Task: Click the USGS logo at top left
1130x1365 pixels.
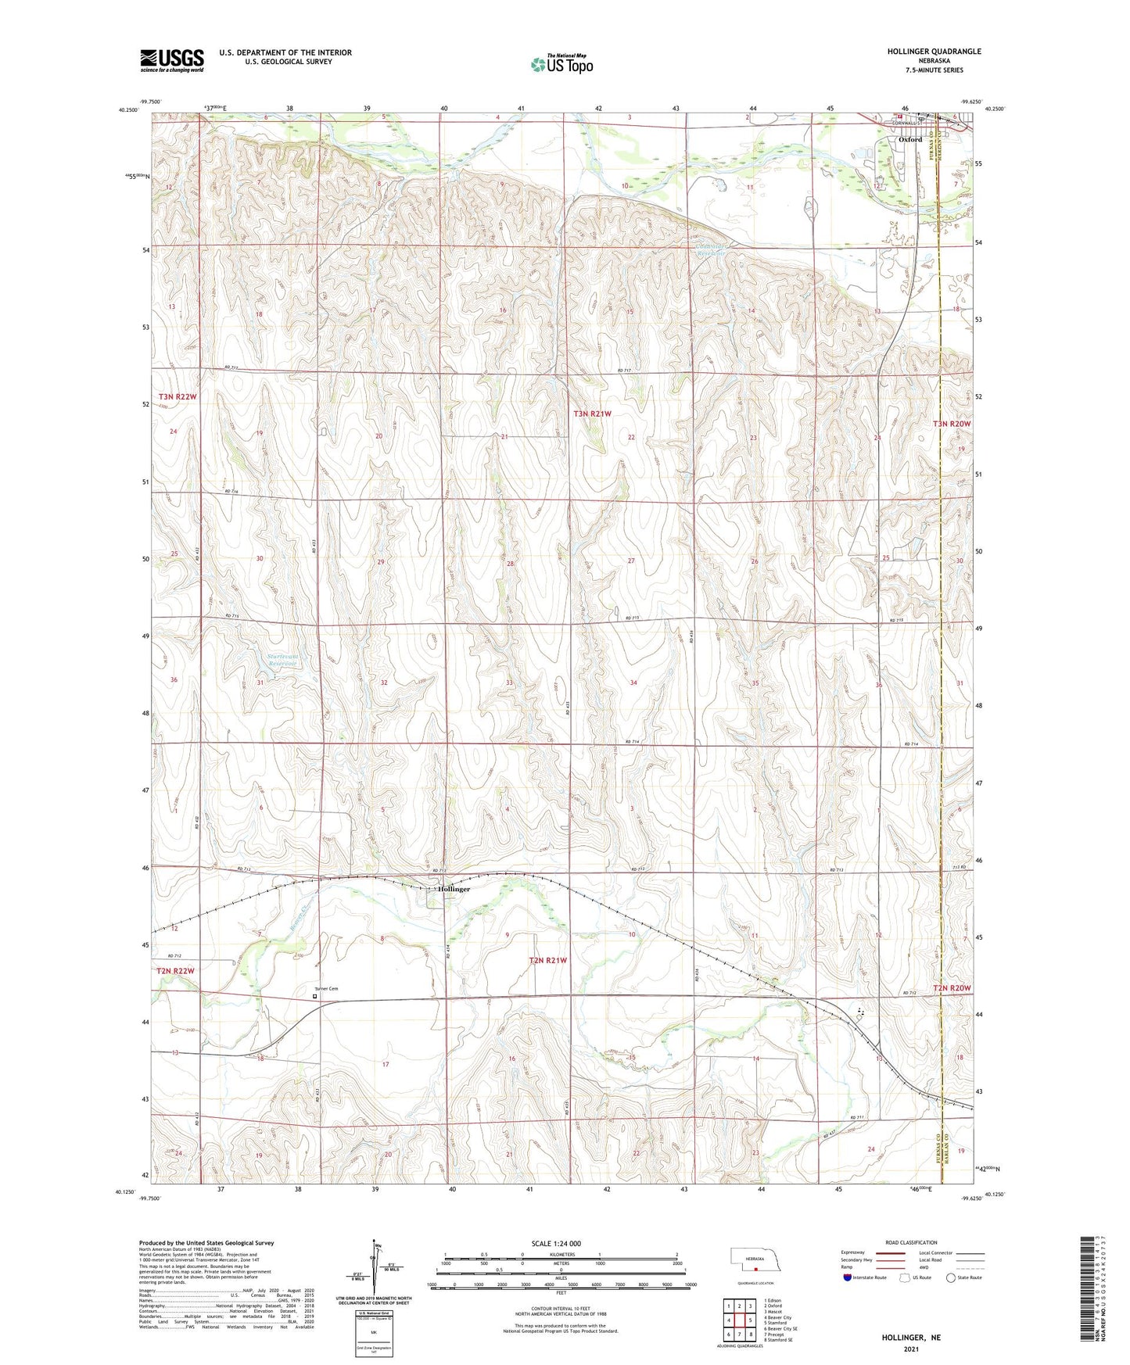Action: tap(171, 60)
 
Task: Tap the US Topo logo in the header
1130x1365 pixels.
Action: tap(561, 64)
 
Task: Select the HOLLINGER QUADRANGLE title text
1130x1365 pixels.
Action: tap(934, 52)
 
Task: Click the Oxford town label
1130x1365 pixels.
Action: tap(909, 139)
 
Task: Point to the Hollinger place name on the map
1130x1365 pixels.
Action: tap(454, 889)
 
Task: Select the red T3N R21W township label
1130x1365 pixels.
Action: tap(592, 414)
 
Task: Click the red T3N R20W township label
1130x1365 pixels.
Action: tap(951, 424)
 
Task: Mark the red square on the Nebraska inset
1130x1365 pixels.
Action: tap(756, 1270)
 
